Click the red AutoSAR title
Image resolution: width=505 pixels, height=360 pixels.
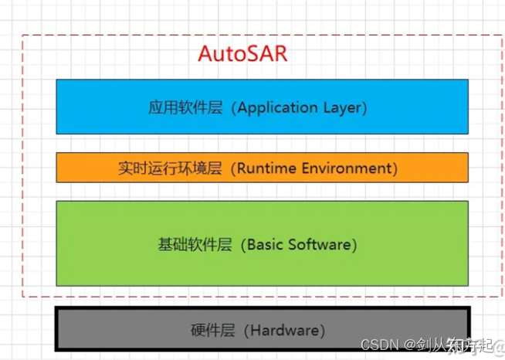(x=242, y=55)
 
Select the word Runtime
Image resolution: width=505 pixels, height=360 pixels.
(x=265, y=168)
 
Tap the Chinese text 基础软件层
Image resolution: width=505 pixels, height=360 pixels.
(x=194, y=245)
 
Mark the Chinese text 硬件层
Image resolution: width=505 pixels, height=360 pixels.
(x=212, y=330)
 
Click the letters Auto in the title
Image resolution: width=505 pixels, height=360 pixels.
(x=219, y=55)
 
